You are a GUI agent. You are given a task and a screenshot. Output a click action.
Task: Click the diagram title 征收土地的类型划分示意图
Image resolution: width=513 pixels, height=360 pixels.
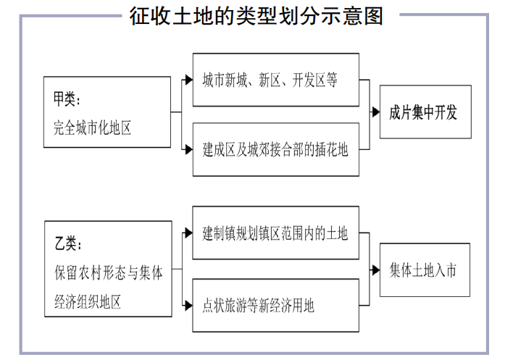256,16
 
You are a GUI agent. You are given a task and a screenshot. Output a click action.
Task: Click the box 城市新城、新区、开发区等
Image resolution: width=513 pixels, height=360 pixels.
275,80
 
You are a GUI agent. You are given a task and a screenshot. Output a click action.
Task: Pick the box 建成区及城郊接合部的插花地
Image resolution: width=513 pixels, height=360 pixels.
275,150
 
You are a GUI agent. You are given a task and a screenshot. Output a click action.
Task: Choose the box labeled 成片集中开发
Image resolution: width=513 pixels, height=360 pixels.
425,112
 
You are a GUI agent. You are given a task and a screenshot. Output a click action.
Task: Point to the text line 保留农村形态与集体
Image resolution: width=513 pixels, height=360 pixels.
108,272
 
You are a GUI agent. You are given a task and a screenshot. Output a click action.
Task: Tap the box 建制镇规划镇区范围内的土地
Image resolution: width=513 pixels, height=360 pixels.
275,233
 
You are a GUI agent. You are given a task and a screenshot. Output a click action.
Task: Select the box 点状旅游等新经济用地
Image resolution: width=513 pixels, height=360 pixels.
275,305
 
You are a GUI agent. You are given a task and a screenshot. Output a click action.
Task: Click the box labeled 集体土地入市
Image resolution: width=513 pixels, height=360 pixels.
425,269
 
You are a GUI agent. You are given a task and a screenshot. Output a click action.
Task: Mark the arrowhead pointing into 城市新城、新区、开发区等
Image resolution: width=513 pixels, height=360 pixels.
188,80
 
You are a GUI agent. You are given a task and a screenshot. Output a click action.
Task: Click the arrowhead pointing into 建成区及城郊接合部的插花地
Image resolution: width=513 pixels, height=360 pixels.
188,149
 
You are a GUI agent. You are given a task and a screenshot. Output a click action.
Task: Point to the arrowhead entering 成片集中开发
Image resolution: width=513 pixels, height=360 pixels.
375,112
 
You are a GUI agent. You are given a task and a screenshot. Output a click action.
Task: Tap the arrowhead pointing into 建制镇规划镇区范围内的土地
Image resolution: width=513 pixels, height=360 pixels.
188,233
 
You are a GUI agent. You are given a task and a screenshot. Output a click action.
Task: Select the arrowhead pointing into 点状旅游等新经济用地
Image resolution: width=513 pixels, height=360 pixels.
188,304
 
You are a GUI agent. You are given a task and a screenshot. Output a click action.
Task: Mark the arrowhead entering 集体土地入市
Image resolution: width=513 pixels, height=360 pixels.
375,269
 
